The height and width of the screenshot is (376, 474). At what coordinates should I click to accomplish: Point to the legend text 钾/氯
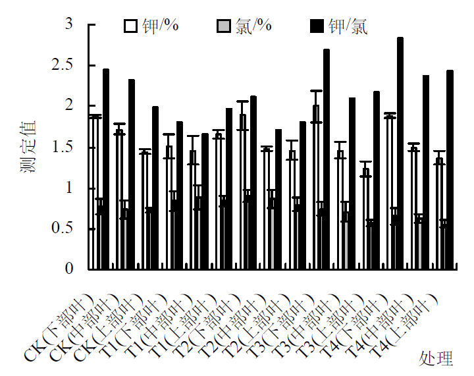pyautogui.click(x=348, y=26)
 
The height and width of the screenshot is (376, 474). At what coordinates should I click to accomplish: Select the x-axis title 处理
pyautogui.click(x=436, y=359)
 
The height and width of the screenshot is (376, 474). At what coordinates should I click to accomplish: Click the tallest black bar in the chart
pyautogui.click(x=400, y=153)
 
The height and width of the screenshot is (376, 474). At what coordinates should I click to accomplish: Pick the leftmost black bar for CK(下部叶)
pyautogui.click(x=106, y=169)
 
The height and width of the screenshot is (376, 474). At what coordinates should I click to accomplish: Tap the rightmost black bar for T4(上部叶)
pyautogui.click(x=450, y=170)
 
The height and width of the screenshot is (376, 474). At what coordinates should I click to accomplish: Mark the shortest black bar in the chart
pyautogui.click(x=205, y=201)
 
